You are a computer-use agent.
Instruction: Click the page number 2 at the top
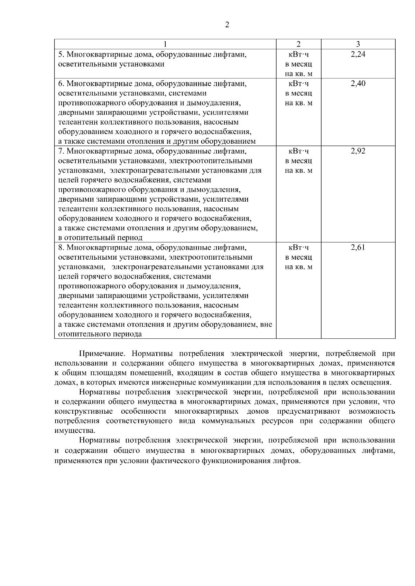click(227, 25)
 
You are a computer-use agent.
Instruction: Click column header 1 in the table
click(165, 44)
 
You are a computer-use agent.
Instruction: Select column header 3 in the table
click(358, 44)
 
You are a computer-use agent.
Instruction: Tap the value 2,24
click(358, 54)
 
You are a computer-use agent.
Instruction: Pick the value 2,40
click(358, 84)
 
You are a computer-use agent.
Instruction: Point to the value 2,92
click(358, 151)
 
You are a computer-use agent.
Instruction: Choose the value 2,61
click(358, 248)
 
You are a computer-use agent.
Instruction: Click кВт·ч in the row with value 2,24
click(298, 55)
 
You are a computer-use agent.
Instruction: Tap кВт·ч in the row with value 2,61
click(298, 248)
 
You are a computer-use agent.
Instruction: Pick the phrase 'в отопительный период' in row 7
click(100, 238)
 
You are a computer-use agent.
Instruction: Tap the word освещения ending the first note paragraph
click(375, 383)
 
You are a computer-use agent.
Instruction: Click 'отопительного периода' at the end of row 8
click(100, 334)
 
